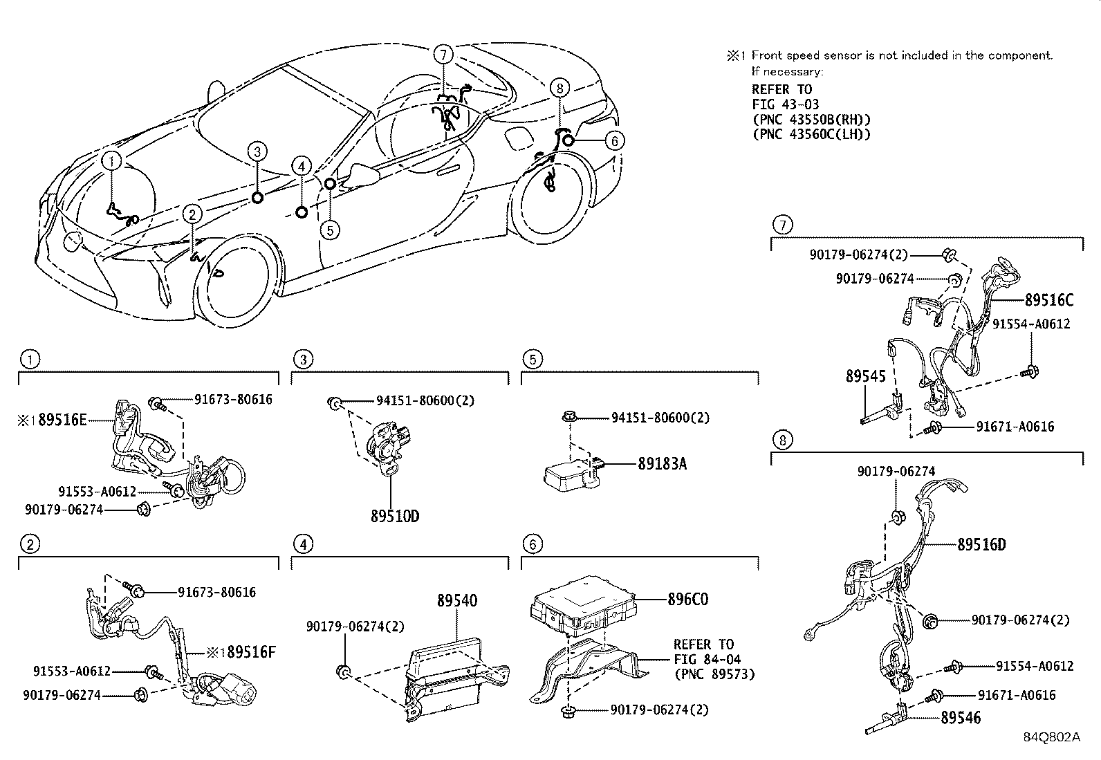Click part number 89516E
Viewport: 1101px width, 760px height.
[62, 420]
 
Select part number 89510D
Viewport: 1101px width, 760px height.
[395, 516]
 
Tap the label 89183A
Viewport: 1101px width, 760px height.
[662, 464]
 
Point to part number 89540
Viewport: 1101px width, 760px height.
[456, 601]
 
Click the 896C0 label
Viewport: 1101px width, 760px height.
[687, 600]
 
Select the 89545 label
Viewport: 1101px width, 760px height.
[865, 377]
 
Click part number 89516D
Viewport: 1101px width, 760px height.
[981, 545]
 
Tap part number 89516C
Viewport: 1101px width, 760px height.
[1048, 300]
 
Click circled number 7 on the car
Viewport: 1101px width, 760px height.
[444, 54]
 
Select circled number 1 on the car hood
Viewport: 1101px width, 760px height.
[113, 162]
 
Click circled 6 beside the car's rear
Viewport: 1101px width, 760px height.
[613, 141]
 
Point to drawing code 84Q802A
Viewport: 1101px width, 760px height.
[1051, 737]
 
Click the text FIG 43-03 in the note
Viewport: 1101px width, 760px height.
[785, 104]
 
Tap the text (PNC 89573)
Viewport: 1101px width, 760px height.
[714, 674]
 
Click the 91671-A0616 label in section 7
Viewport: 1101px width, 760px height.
[1015, 427]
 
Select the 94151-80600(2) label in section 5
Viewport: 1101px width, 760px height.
[660, 418]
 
